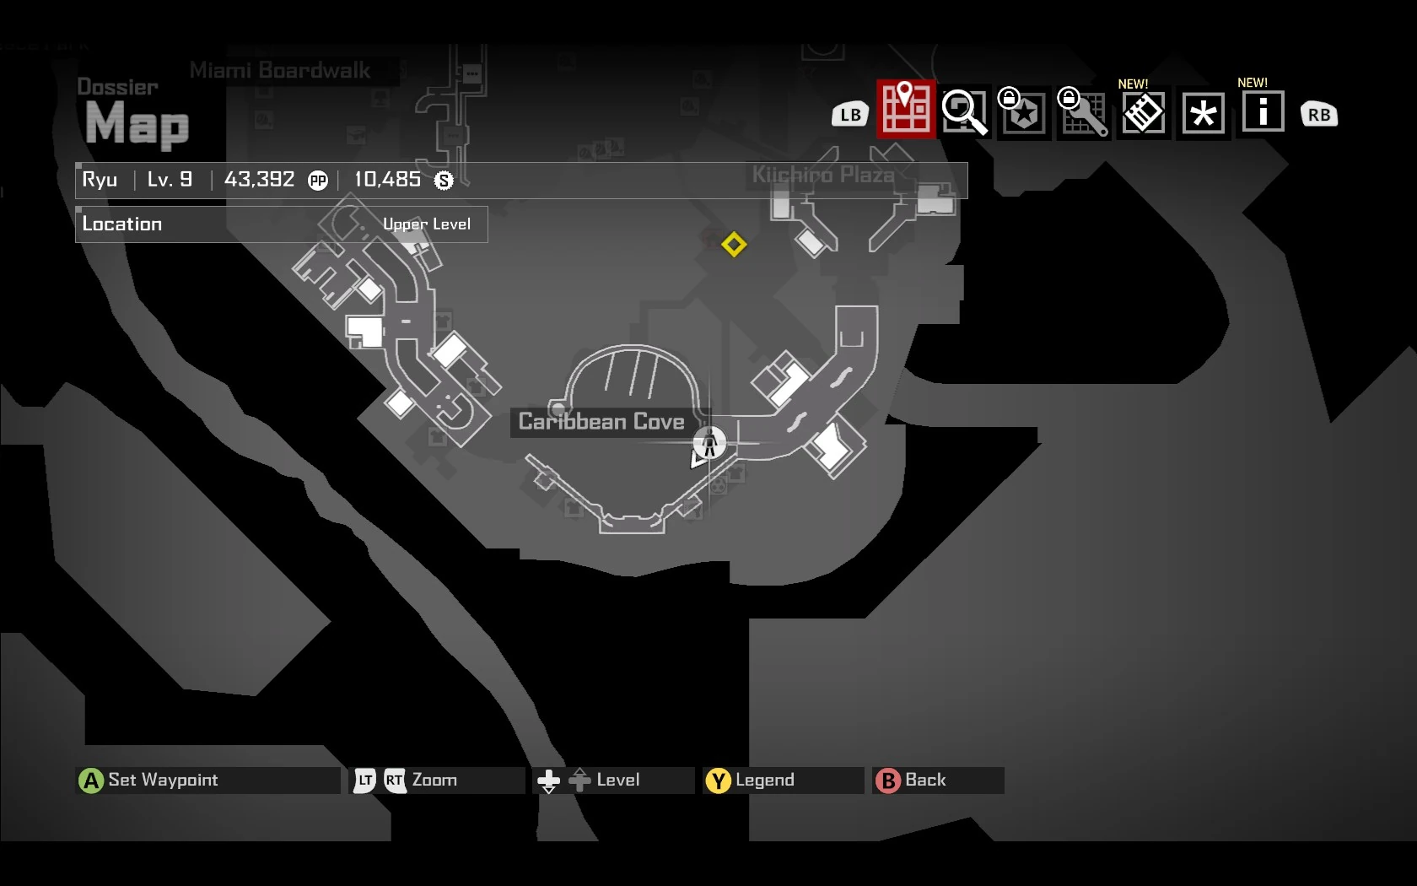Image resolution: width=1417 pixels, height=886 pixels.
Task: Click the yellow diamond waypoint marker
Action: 734,245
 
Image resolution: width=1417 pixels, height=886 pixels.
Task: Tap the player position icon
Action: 709,442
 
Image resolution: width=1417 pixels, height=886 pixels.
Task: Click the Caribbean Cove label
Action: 601,422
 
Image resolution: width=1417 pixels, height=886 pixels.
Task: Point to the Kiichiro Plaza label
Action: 823,176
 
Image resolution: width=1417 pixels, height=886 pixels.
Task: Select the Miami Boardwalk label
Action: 280,71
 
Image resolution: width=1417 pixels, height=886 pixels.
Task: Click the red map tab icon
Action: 906,110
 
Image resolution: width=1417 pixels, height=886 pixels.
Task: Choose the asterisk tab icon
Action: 1204,113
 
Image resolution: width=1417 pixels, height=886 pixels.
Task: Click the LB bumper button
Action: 850,115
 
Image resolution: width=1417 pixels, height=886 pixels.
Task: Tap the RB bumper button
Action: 1319,115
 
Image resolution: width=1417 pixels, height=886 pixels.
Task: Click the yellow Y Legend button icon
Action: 718,781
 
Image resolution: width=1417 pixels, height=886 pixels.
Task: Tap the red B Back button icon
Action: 887,781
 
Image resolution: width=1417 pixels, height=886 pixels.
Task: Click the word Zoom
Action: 434,781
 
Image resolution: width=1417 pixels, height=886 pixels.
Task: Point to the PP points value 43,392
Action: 260,180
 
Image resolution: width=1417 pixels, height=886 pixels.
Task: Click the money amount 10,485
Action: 387,180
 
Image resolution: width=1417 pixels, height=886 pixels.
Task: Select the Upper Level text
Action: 427,224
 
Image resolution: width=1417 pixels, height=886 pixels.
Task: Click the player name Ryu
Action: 100,180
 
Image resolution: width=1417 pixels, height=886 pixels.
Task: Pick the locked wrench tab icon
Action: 1083,113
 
